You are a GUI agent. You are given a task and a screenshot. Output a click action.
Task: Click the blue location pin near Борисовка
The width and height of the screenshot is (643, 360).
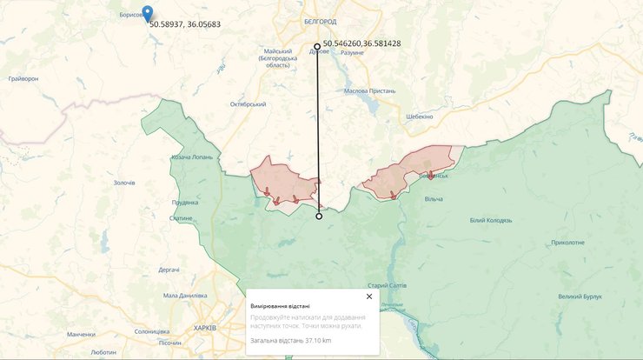(147, 13)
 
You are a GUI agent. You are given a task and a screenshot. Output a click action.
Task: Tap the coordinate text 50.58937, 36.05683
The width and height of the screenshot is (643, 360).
(184, 24)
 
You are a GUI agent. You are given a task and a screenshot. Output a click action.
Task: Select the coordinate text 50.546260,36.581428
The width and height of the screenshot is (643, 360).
(361, 43)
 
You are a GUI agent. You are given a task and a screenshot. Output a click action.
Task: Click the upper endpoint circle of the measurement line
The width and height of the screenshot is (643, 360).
(316, 46)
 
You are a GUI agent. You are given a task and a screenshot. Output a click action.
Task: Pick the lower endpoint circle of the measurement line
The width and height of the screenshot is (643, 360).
(319, 217)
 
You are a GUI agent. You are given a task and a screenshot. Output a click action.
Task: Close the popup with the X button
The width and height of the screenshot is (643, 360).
(369, 297)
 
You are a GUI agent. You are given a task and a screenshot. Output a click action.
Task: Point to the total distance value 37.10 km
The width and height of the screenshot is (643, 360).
(315, 340)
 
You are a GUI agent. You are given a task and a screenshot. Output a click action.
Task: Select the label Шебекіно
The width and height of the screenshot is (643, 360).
(424, 117)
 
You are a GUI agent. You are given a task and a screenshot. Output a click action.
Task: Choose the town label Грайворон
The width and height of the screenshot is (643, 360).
(23, 78)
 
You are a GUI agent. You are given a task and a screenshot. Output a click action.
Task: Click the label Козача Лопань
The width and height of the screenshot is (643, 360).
(193, 157)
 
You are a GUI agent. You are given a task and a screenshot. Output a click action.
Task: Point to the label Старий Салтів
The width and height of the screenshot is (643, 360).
(388, 285)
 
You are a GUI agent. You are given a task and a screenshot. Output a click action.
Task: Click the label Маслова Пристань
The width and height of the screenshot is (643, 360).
(369, 90)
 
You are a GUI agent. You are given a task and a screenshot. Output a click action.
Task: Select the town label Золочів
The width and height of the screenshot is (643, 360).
(124, 183)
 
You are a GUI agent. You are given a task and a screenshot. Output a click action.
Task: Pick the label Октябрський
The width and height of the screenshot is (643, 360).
(247, 103)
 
